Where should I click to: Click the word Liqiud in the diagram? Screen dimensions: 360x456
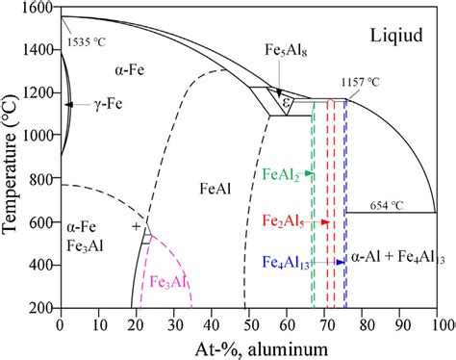coord(397,36)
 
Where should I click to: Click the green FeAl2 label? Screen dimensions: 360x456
coord(284,175)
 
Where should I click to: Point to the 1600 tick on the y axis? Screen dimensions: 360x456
coord(40,9)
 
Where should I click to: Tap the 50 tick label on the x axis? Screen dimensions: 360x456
coord(247,324)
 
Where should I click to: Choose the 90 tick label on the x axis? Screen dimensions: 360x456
coord(398,324)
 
